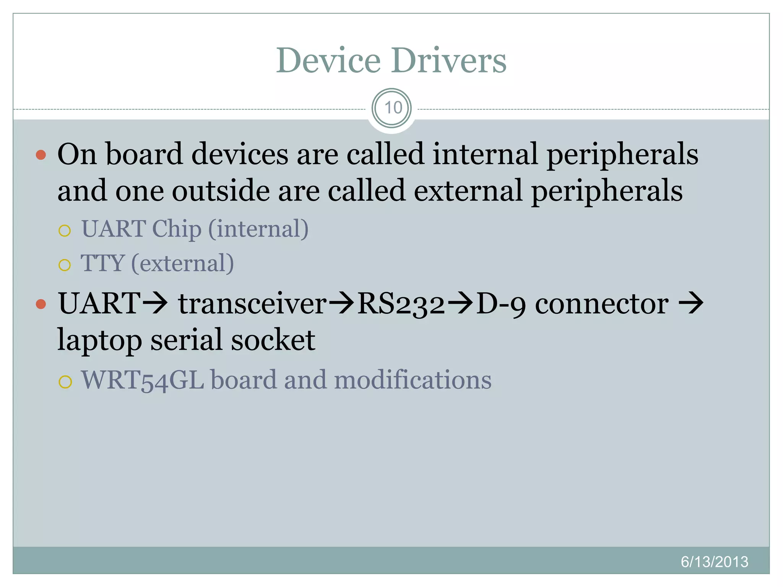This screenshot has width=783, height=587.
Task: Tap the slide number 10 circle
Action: click(391, 108)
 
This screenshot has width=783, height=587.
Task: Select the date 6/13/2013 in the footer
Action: click(714, 561)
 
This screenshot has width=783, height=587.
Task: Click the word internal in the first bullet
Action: click(485, 154)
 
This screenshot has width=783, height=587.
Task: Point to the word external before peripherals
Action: click(468, 191)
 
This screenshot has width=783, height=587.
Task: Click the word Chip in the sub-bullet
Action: click(177, 229)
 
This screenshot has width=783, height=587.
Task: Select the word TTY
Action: click(102, 263)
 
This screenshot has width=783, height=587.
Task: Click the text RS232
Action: click(401, 304)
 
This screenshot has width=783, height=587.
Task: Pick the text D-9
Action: click(501, 304)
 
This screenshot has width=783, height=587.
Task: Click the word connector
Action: click(602, 304)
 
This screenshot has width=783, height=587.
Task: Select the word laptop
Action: click(99, 340)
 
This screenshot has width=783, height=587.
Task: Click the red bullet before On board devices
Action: click(41, 155)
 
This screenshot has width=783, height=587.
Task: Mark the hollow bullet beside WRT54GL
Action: click(65, 381)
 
